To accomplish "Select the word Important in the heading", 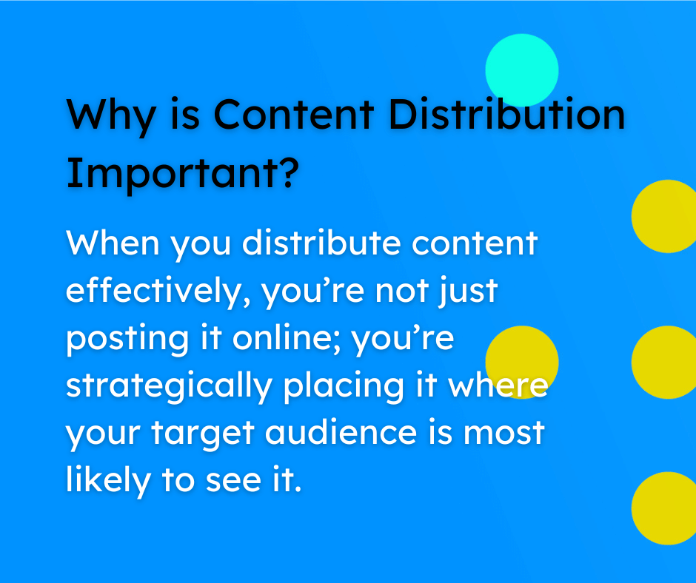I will (171, 172).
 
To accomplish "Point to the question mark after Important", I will (290, 172).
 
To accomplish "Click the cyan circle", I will (521, 70).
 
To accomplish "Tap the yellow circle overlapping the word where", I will (521, 362).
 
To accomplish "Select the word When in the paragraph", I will (114, 243).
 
